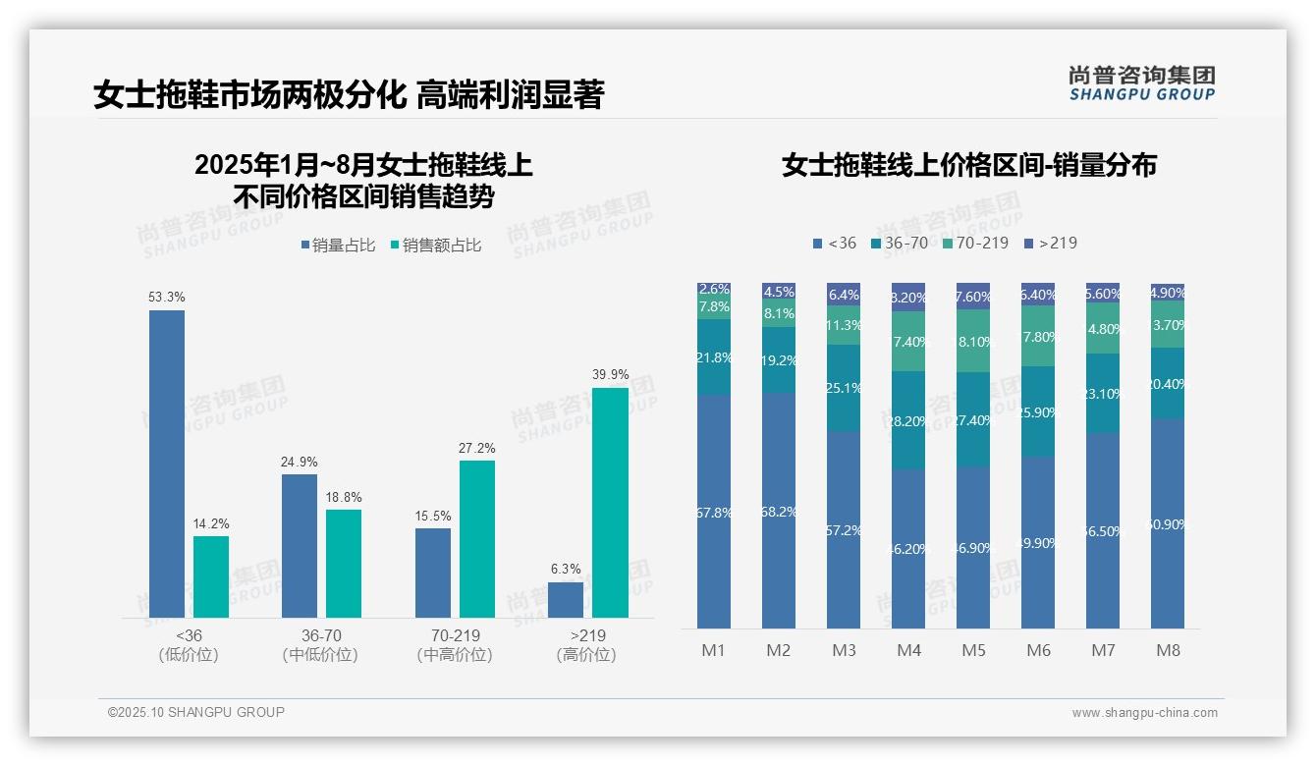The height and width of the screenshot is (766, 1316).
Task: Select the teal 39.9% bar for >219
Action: pos(610,502)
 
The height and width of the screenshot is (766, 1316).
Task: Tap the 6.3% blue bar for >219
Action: pos(566,600)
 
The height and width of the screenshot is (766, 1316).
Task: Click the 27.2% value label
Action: pos(476,449)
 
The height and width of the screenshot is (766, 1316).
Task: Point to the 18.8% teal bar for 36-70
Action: pos(344,563)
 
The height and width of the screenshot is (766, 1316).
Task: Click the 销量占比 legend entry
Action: pos(338,246)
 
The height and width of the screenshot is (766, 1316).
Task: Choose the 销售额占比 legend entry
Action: pos(436,246)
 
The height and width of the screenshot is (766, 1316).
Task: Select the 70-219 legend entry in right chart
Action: pos(975,243)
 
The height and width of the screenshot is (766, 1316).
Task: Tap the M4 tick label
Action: pos(908,651)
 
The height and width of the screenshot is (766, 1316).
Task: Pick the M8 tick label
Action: pos(1168,651)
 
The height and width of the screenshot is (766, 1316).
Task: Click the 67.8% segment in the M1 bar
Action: pos(714,512)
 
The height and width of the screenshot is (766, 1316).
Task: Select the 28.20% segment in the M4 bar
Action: pos(908,420)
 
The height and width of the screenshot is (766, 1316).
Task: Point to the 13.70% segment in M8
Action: pos(1168,324)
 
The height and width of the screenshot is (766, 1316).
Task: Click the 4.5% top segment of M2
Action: pos(779,291)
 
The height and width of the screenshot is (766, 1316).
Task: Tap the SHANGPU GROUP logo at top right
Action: pos(1141,83)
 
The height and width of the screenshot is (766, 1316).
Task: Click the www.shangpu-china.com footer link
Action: pos(1144,713)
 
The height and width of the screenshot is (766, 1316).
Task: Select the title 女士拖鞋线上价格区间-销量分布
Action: pos(968,165)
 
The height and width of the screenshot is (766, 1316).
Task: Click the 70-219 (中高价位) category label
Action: pos(454,645)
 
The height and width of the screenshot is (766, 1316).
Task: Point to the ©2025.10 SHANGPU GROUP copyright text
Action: pos(196,712)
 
